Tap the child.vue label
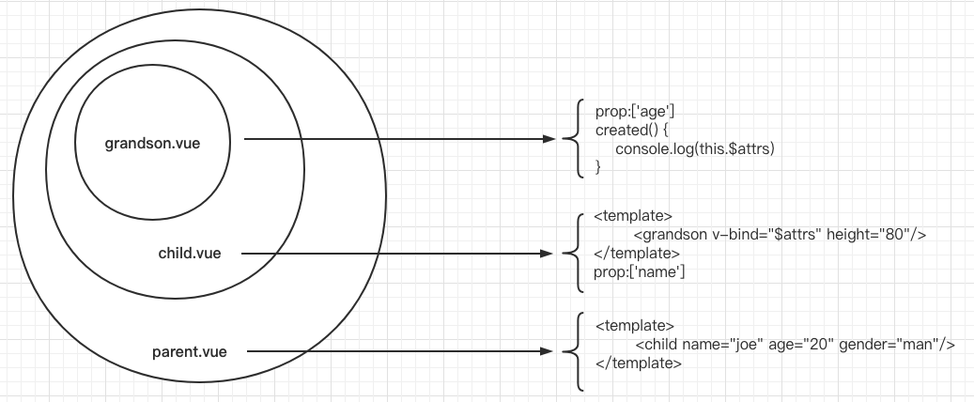[190, 254]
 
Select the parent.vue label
[190, 352]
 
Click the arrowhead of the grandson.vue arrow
[550, 140]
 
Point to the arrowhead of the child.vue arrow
[550, 254]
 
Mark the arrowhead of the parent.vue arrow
[550, 352]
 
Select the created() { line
[631, 130]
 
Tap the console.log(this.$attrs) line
[694, 148]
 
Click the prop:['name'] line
[640, 272]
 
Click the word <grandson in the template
[666, 235]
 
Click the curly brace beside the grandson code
[571, 139]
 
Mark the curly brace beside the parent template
[571, 352]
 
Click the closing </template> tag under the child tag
[639, 363]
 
